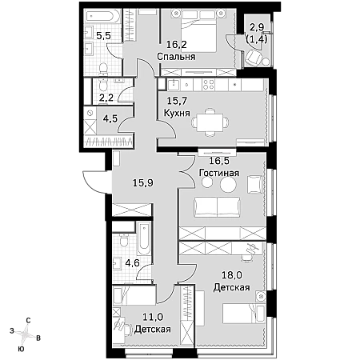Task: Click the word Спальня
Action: [176, 57]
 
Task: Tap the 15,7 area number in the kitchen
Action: [177, 101]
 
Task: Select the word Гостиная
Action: [219, 173]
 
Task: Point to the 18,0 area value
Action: [232, 274]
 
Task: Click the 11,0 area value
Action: [153, 317]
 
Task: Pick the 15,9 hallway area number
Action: [143, 183]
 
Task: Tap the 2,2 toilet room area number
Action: [106, 98]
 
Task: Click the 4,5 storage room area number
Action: [110, 118]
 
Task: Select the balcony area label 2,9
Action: [257, 27]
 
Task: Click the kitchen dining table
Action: [210, 122]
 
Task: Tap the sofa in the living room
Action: [217, 207]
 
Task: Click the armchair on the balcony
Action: [252, 58]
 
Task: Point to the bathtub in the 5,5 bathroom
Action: [102, 15]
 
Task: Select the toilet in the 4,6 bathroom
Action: [123, 240]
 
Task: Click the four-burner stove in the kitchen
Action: [209, 85]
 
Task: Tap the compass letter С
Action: [28, 321]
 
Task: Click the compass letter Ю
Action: [21, 349]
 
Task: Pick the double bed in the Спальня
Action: [199, 34]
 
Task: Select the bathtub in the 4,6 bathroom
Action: [144, 238]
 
